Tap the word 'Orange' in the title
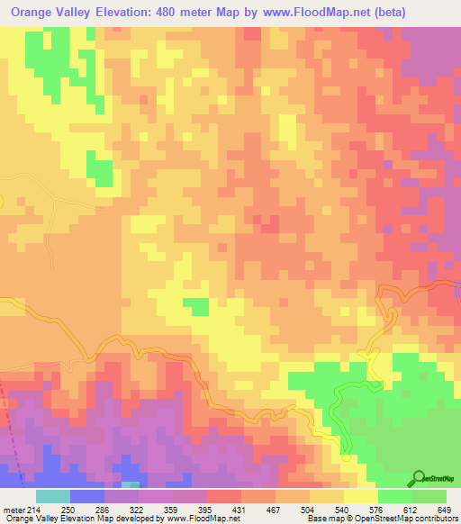click(x=32, y=13)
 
